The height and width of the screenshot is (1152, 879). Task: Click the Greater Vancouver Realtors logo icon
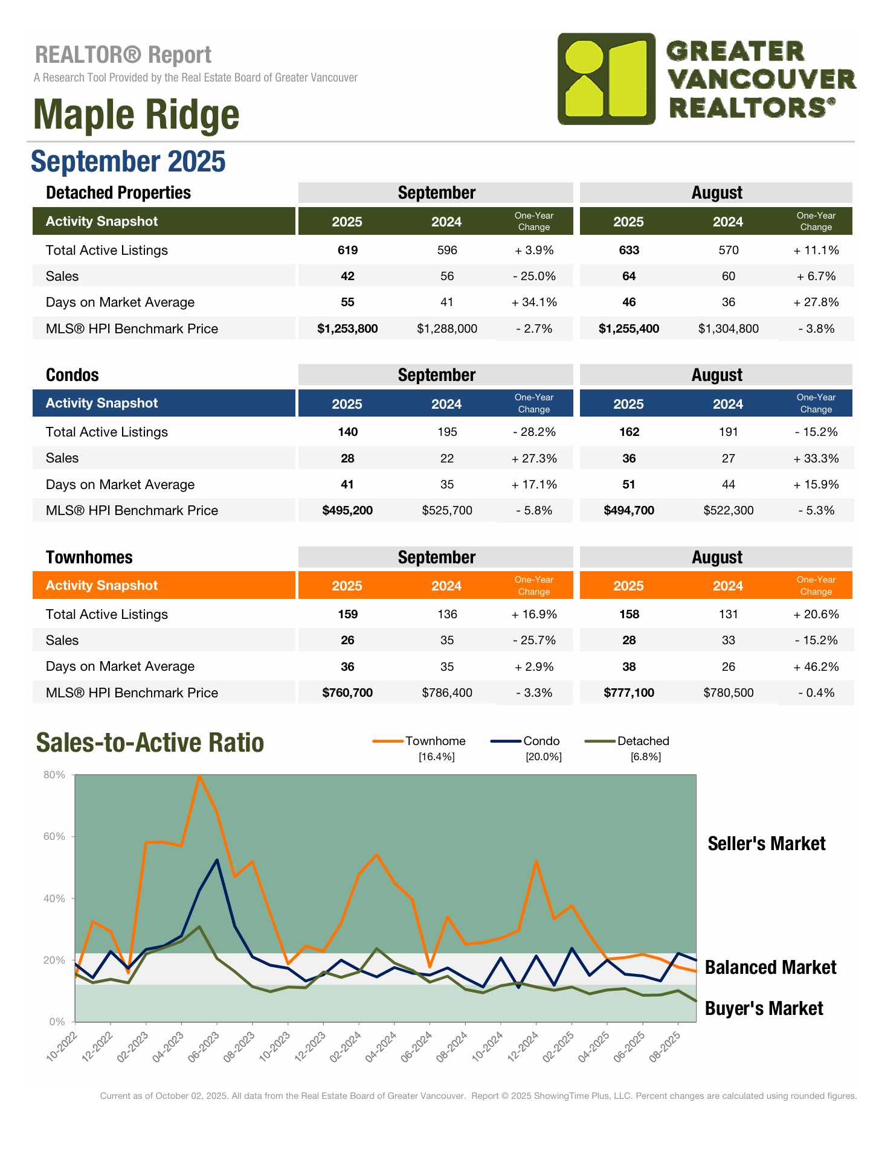tap(606, 78)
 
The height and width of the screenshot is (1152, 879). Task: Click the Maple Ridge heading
tap(136, 115)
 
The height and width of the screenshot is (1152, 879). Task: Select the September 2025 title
tap(128, 162)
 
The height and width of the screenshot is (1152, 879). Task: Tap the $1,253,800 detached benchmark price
tap(347, 328)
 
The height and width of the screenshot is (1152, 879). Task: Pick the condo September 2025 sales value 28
tap(347, 458)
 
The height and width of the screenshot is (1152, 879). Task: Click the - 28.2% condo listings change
tap(534, 432)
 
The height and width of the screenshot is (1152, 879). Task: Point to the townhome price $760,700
tap(347, 693)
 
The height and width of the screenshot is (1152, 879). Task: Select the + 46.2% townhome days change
tap(816, 667)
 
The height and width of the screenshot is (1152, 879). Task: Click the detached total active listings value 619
tap(347, 250)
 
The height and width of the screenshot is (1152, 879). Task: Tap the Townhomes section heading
tap(89, 557)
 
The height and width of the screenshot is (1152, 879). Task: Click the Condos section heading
tap(72, 375)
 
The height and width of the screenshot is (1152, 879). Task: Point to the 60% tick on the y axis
tap(54, 836)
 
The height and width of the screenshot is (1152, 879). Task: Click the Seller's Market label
tap(766, 843)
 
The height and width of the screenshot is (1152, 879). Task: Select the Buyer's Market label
tap(764, 1008)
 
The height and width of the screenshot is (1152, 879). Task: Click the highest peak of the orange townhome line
tap(199, 776)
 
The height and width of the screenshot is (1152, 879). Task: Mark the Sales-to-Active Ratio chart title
tap(150, 743)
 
